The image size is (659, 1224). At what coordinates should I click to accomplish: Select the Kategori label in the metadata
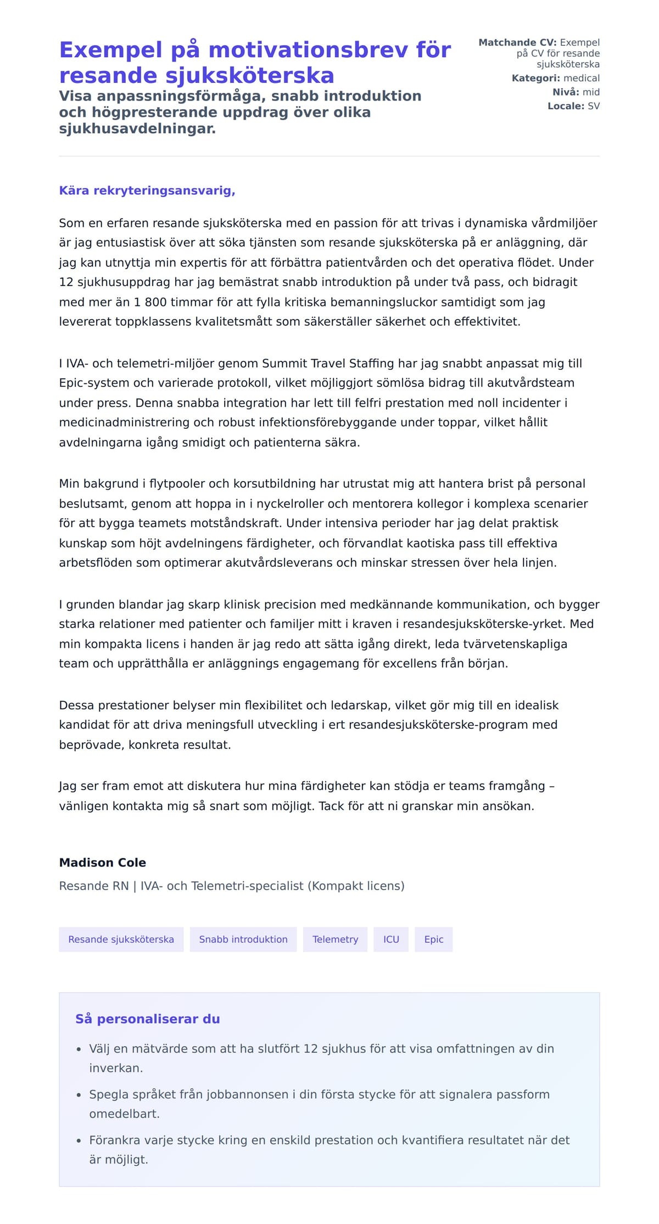(x=536, y=79)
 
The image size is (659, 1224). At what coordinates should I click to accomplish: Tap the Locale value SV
(x=594, y=106)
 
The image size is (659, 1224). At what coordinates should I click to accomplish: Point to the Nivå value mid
(x=591, y=92)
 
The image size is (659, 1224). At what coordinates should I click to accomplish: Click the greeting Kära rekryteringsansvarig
(x=147, y=191)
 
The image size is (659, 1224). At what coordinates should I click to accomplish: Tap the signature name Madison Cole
(x=103, y=863)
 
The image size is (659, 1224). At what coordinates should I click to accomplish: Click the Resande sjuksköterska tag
(x=121, y=940)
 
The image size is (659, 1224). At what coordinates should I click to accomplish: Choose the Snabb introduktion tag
(x=243, y=940)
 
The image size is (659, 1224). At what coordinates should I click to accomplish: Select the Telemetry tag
(x=335, y=940)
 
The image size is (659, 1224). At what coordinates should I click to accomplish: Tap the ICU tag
(x=391, y=940)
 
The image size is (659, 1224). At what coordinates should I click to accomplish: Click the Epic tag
(x=433, y=940)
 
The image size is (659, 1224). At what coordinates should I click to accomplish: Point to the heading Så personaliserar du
(x=148, y=1019)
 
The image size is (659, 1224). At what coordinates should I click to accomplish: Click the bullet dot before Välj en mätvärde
(x=79, y=1049)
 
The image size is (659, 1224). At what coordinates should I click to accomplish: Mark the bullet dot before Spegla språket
(x=79, y=1095)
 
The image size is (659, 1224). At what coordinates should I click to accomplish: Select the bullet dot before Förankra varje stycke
(x=79, y=1141)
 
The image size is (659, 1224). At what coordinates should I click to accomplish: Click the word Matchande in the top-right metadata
(x=507, y=43)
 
